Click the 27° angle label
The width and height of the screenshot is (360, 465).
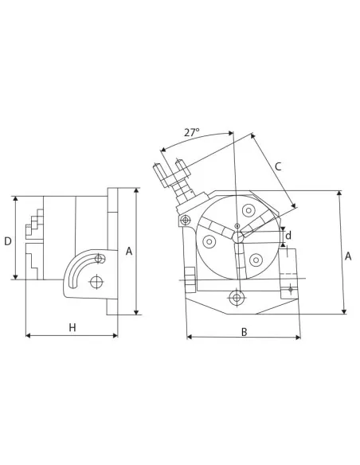click(191, 133)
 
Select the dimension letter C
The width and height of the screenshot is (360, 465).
click(277, 166)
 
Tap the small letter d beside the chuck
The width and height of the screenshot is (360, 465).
click(288, 236)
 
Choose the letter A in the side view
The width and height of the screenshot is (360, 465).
click(128, 251)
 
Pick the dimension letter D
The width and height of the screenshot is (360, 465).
click(8, 240)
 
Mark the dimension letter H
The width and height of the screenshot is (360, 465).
click(72, 327)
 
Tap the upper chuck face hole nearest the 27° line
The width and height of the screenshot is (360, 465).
click(249, 211)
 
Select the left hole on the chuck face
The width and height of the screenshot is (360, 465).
click(209, 240)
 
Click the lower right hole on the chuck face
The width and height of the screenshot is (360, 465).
click(256, 260)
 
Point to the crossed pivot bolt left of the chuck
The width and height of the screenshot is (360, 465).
click(185, 220)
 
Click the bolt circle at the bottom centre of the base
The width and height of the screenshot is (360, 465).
click(235, 298)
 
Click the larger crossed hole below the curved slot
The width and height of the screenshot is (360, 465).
click(96, 282)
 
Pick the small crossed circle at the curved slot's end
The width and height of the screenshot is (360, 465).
click(98, 258)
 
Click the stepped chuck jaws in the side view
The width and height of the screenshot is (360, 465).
click(33, 239)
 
